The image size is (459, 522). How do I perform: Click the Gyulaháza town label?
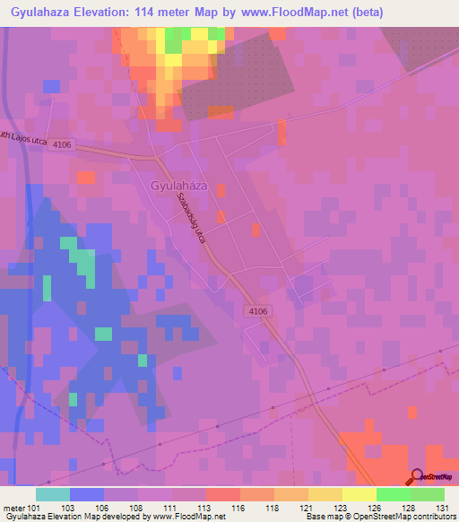[180, 187]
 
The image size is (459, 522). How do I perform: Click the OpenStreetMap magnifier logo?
[417, 478]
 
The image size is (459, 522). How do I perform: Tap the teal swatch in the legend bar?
[52, 494]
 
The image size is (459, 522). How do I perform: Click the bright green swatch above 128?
[393, 494]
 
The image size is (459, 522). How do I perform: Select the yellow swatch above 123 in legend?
[325, 494]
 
